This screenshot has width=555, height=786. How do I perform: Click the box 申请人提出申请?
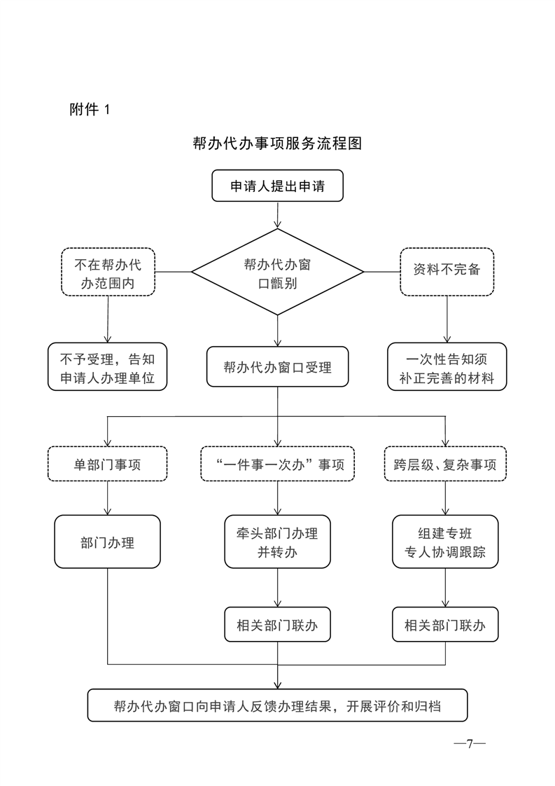coord(277,186)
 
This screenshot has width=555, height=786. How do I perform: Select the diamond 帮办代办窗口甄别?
coord(277,273)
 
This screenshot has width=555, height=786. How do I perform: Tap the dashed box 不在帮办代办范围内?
coord(108,272)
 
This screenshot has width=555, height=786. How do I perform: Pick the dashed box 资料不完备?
coord(447,272)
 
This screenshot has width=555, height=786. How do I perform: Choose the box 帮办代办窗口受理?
coord(277,367)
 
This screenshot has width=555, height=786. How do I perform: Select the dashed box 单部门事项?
coord(108,464)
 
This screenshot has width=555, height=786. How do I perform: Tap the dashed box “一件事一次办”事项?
coord(277,464)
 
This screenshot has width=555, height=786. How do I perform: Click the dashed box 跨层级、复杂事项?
coord(445,464)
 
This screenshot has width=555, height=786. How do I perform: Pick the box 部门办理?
coord(108,542)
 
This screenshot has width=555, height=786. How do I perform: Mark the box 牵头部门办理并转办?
coord(277,542)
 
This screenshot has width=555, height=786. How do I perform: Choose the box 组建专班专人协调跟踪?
coord(445,542)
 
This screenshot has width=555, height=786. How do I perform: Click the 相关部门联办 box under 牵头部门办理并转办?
coord(277,625)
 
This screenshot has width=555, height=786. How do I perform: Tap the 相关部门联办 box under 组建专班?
coord(445,625)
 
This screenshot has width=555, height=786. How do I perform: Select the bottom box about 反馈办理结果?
coord(277,705)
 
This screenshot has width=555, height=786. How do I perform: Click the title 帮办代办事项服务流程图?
coord(277,144)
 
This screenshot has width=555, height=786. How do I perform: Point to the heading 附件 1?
coord(90,109)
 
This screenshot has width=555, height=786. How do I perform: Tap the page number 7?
coord(470,743)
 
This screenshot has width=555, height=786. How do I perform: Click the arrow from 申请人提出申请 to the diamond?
coord(277,215)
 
